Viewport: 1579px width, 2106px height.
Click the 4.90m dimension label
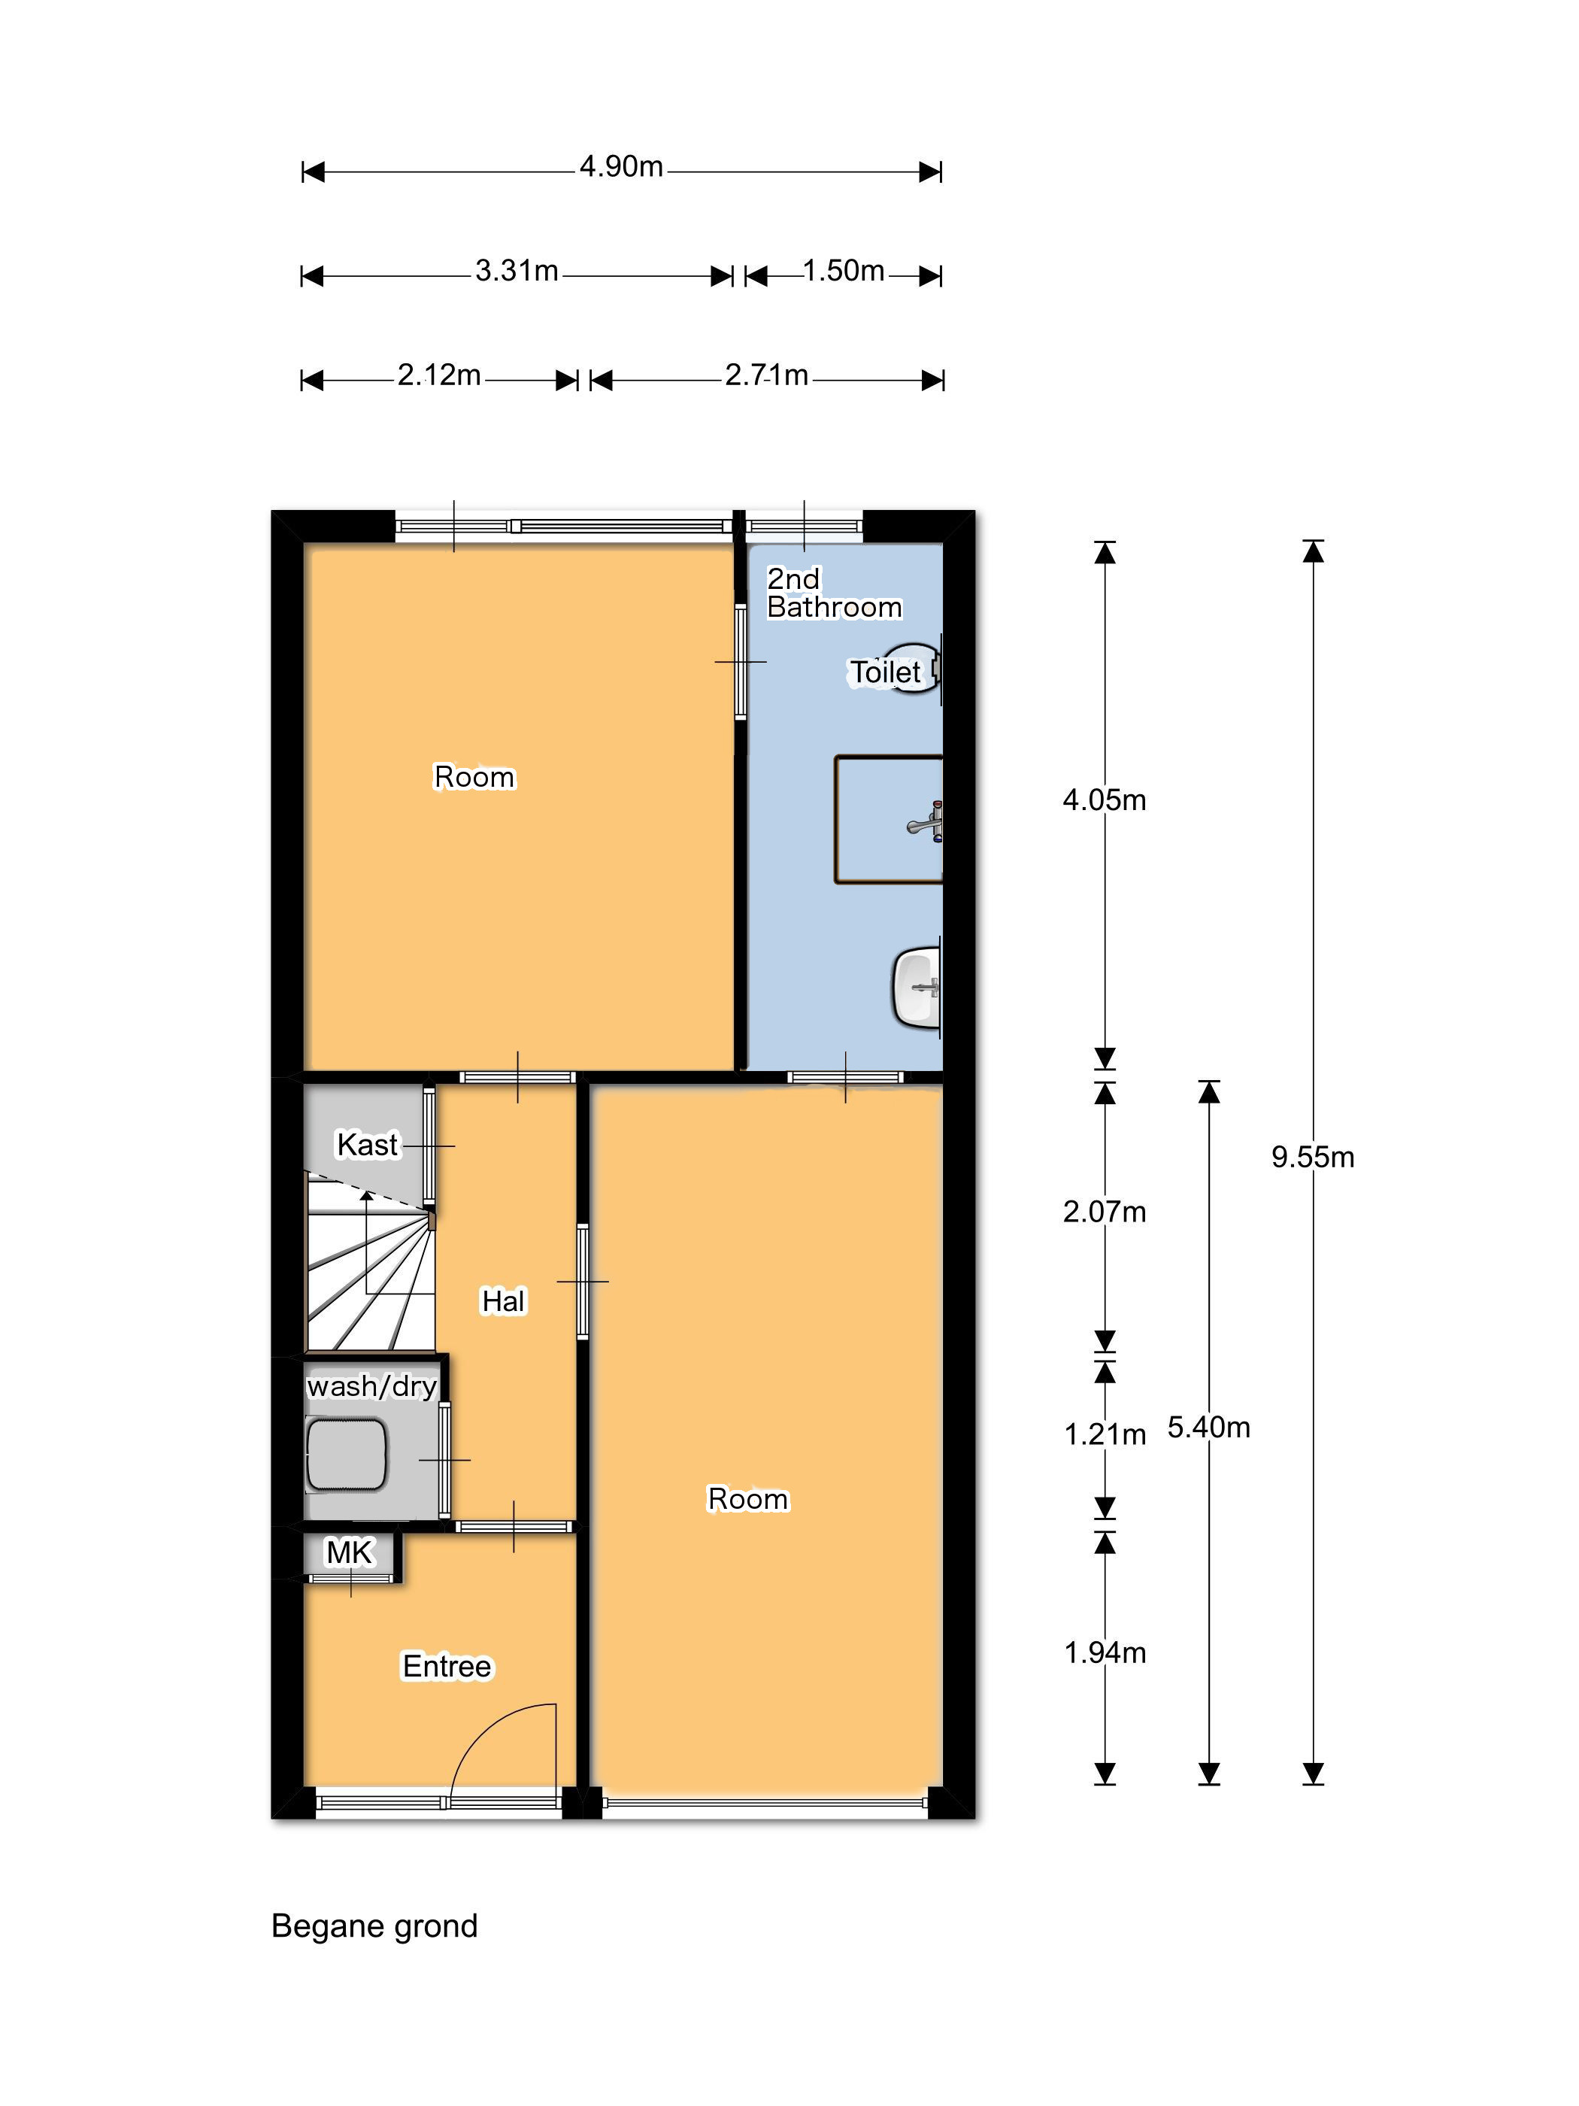pyautogui.click(x=620, y=167)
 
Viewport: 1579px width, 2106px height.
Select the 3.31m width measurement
pyautogui.click(x=516, y=272)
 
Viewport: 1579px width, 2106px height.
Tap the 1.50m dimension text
pyautogui.click(x=844, y=272)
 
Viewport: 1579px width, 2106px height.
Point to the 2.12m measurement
pyautogui.click(x=439, y=375)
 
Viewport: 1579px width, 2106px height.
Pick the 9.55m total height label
pyautogui.click(x=1313, y=1157)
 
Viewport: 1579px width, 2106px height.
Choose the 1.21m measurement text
pyautogui.click(x=1104, y=1434)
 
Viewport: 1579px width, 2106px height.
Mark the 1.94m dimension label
pyautogui.click(x=1104, y=1652)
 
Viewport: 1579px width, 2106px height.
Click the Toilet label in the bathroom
pyautogui.click(x=885, y=672)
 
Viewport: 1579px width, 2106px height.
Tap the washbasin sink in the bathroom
pyautogui.click(x=917, y=986)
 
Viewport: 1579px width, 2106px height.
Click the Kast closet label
pyautogui.click(x=368, y=1145)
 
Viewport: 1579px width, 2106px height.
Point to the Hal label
pyautogui.click(x=502, y=1300)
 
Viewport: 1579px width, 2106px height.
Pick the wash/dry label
pyautogui.click(x=371, y=1386)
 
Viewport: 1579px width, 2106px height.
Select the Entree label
pyautogui.click(x=447, y=1666)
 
